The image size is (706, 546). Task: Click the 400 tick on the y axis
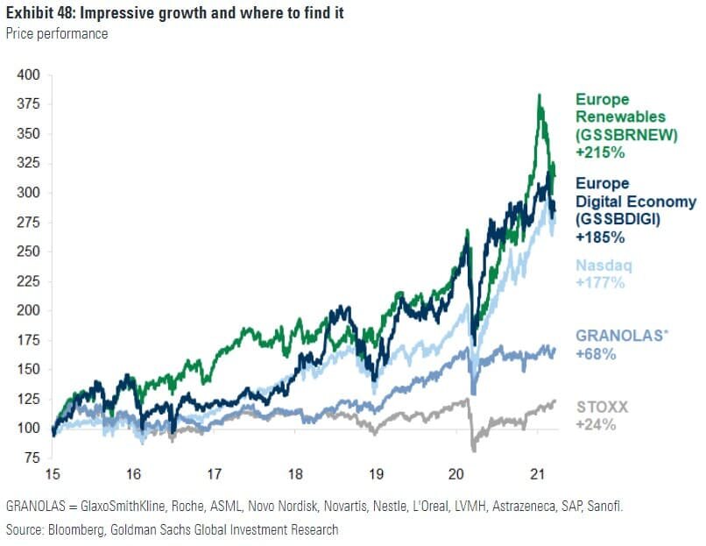(x=29, y=75)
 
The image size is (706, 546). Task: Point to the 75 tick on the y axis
(x=32, y=457)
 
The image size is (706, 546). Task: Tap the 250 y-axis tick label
(x=29, y=252)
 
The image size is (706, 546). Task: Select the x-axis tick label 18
(x=295, y=474)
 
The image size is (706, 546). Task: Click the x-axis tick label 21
(x=537, y=474)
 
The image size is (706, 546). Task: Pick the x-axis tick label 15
(x=53, y=474)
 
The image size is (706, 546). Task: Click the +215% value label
(x=599, y=152)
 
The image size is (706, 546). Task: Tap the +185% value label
(x=600, y=237)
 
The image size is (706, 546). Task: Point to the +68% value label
(x=596, y=354)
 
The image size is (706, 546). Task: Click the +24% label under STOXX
(x=596, y=425)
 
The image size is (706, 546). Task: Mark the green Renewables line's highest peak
(x=540, y=95)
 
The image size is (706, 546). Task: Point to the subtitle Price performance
(x=58, y=34)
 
